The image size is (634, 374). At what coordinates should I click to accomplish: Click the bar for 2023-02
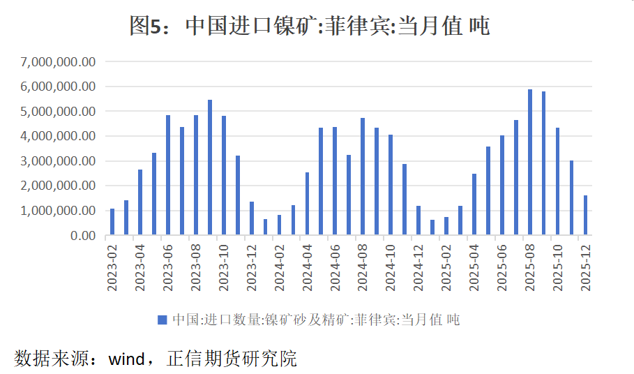click(112, 222)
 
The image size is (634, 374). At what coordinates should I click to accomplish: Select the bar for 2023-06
click(168, 175)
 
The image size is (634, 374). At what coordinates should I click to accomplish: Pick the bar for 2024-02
click(280, 225)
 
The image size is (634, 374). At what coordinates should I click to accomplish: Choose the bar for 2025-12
click(586, 216)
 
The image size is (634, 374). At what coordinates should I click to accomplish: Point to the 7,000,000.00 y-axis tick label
click(59, 62)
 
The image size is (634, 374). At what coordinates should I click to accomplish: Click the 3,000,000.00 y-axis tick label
click(59, 161)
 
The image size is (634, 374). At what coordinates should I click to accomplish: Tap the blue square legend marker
click(162, 320)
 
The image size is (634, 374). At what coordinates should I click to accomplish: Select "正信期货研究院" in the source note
click(232, 359)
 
